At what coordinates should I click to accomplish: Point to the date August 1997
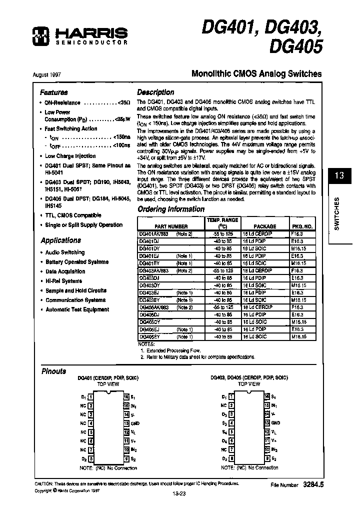(x=47, y=74)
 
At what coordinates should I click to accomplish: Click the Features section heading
(x=54, y=92)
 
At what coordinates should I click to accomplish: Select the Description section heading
(x=155, y=92)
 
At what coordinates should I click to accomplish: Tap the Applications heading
(x=60, y=240)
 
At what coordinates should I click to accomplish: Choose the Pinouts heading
(x=53, y=371)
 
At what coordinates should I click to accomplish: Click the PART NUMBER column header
(x=170, y=226)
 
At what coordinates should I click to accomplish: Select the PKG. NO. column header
(x=301, y=226)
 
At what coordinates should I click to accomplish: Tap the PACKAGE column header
(x=264, y=226)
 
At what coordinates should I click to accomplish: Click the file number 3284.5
(x=313, y=485)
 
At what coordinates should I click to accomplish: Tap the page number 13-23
(x=179, y=493)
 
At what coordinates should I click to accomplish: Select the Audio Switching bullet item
(x=65, y=252)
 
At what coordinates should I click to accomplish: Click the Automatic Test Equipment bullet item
(x=77, y=309)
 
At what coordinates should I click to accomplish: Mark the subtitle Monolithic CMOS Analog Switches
(x=257, y=73)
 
